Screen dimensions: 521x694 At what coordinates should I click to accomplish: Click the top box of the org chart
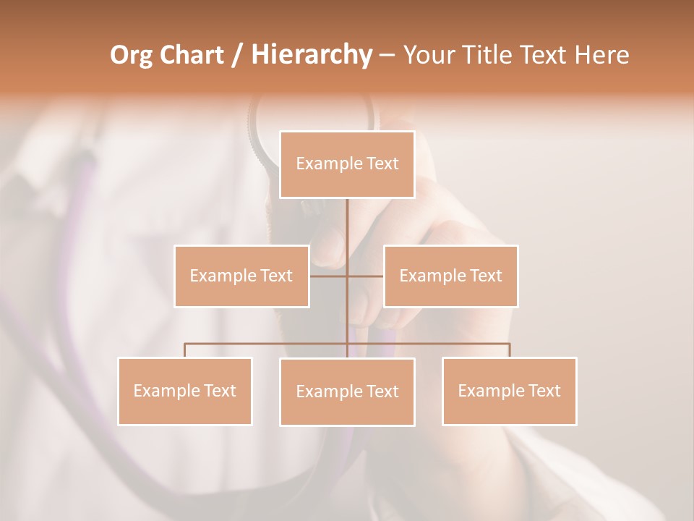[347, 164]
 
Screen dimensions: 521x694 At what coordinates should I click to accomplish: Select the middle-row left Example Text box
[241, 276]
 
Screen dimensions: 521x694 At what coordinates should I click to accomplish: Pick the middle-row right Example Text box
[450, 276]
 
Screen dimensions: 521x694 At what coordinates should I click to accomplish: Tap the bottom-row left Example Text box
[184, 391]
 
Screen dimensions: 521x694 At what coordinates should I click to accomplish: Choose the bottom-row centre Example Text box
[347, 391]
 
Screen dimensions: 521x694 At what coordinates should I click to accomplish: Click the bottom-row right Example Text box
[509, 391]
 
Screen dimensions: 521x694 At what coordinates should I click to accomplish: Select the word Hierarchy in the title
[311, 55]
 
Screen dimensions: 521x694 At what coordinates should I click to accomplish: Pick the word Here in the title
[601, 55]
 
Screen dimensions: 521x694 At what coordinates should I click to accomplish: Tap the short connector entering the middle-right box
[366, 276]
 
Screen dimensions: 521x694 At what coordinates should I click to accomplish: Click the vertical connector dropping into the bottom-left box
[184, 350]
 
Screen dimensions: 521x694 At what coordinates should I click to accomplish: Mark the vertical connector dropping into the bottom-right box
[509, 350]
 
